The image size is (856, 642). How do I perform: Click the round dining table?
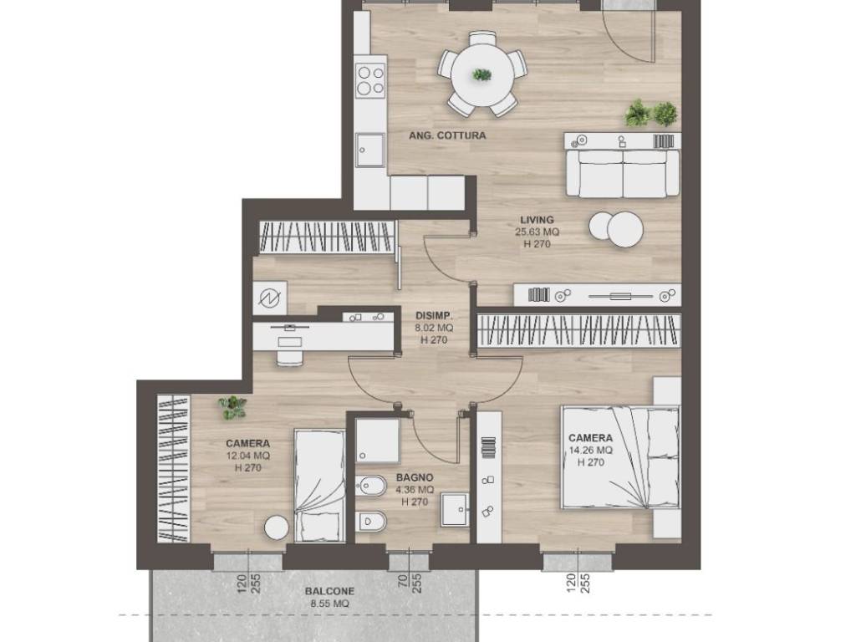[x=482, y=74]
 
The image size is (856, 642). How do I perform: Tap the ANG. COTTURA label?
[x=447, y=135]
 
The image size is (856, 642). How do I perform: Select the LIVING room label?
[x=537, y=220]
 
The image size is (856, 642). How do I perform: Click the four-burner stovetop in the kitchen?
[x=370, y=80]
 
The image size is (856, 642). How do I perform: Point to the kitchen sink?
[x=369, y=150]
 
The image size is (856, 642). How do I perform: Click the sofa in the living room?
[x=623, y=174]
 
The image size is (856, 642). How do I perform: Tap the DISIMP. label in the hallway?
[x=434, y=315]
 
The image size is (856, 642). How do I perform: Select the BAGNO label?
[x=415, y=477]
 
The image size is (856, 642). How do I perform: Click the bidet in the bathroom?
[x=371, y=486]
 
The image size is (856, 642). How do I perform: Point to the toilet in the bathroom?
[x=371, y=522]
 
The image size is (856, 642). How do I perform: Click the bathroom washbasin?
[x=455, y=510]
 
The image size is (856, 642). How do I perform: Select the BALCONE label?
[x=329, y=591]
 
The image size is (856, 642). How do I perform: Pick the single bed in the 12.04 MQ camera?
[x=319, y=486]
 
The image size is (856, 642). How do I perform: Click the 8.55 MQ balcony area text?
[x=329, y=604]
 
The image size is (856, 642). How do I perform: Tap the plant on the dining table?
[x=482, y=74]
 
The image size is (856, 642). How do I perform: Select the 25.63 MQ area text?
[x=538, y=232]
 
